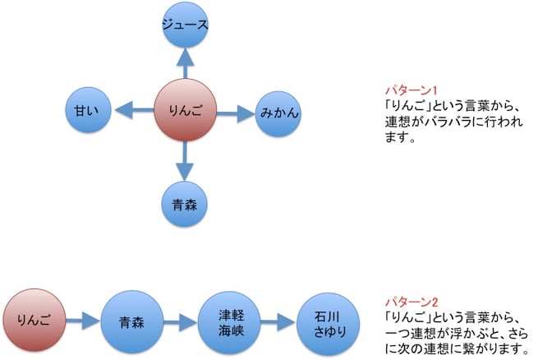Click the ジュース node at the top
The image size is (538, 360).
tap(184, 25)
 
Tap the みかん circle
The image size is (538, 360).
tap(278, 112)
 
